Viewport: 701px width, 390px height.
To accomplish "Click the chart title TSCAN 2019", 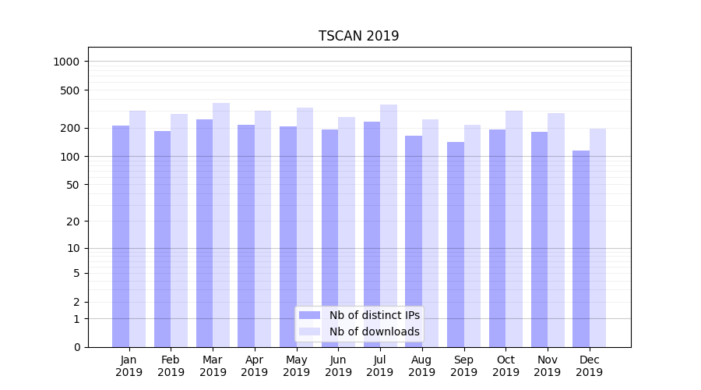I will coord(358,36).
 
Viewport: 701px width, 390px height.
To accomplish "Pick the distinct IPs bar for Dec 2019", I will coord(581,249).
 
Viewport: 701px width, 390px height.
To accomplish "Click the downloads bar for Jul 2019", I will coord(389,225).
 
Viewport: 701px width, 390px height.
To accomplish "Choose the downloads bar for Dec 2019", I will coord(597,238).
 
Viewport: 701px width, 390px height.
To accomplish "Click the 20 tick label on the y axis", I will coord(72,222).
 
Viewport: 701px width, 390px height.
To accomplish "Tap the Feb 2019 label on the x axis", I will coord(171,366).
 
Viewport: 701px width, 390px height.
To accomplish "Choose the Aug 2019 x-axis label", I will coord(421,366).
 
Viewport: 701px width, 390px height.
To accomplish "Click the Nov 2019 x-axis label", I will coord(548,366).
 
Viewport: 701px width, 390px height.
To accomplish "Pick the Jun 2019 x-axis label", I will coord(338,366).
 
